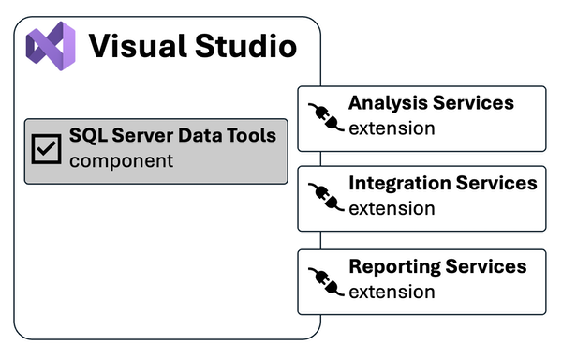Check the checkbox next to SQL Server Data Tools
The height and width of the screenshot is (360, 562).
pos(46,148)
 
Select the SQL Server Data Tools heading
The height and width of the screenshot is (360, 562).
pos(172,136)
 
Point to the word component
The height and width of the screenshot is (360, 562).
pos(121,160)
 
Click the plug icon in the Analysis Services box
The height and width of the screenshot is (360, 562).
pos(322,115)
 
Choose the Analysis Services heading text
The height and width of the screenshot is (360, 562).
pos(431,103)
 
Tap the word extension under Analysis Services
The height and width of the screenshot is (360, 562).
pos(392,127)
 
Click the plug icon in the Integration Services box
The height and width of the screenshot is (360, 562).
pos(322,196)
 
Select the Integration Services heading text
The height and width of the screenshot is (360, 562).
pos(442,183)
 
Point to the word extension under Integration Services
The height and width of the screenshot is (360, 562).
pos(392,207)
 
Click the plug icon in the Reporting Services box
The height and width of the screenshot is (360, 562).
pos(322,279)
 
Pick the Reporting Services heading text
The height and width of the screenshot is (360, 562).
pos(437,267)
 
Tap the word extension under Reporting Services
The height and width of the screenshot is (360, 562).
pos(392,292)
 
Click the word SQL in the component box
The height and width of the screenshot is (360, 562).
pos(88,136)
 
